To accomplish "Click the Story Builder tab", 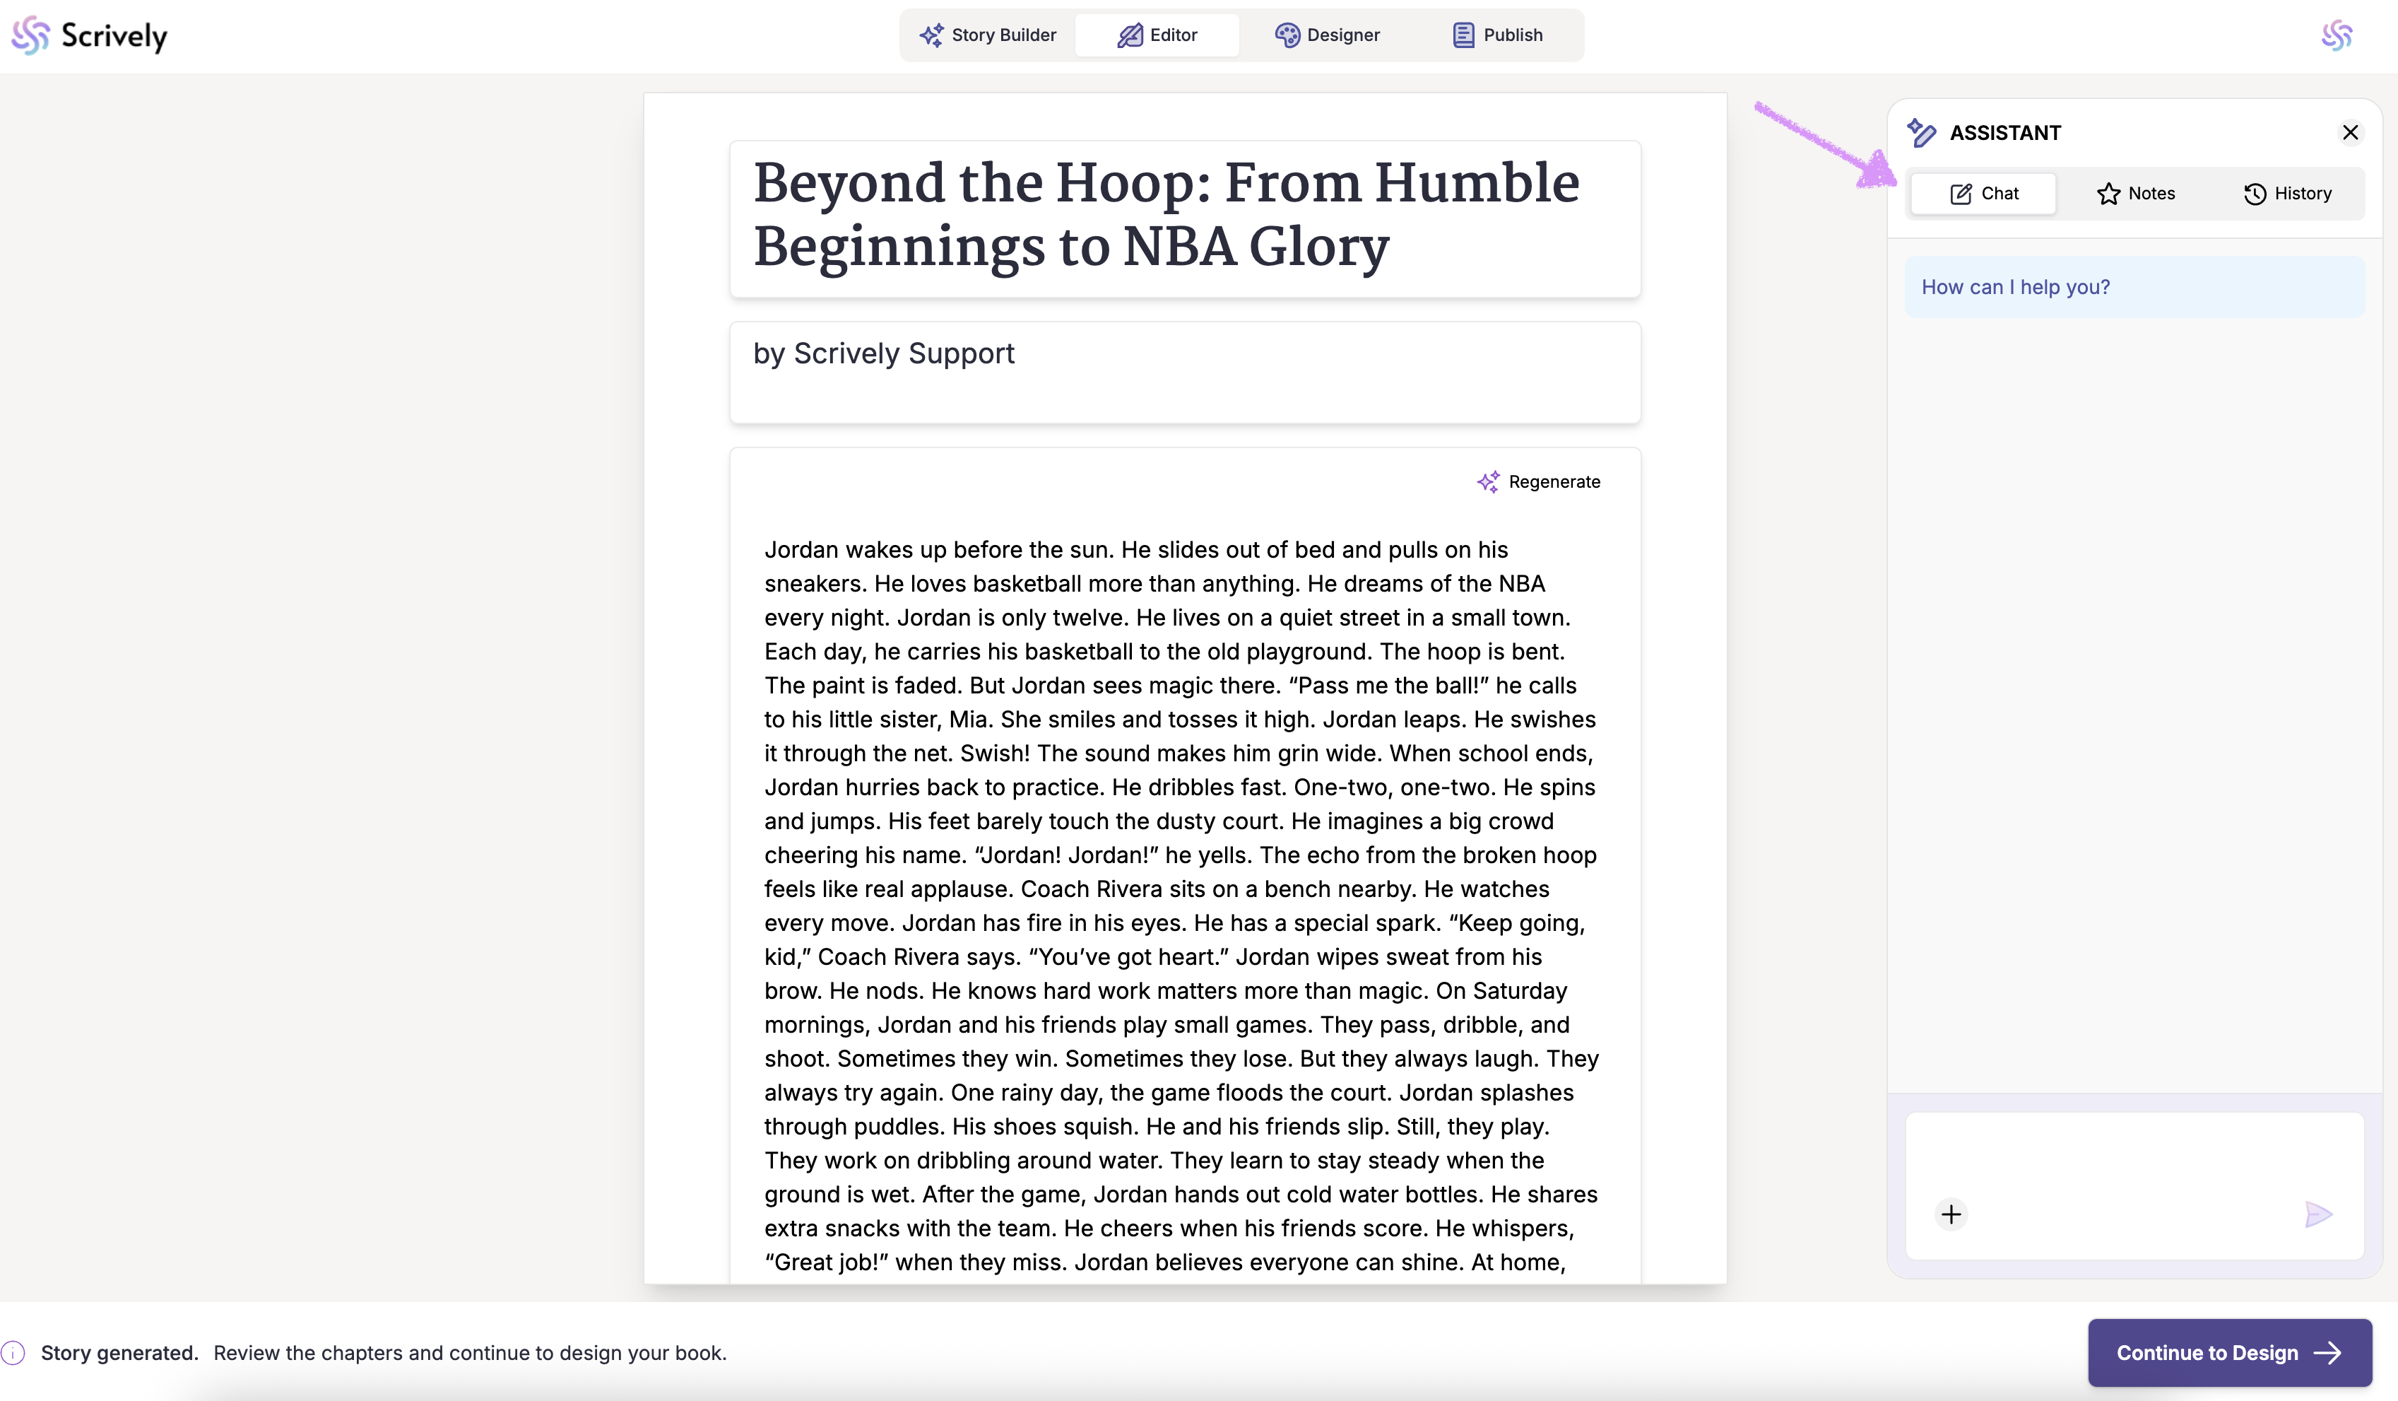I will pos(988,35).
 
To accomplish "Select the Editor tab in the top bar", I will pos(1157,35).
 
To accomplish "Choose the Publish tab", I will pos(1498,35).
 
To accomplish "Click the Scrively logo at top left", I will pos(90,36).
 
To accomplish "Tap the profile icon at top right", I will pos(2336,36).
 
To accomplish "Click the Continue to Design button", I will pos(2228,1352).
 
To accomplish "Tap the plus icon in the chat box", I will pos(1951,1214).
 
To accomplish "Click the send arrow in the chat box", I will pos(2318,1214).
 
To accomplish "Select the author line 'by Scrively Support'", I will pos(884,354).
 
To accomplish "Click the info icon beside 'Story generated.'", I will pos(13,1352).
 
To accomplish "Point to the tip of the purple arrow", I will pos(1888,181).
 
